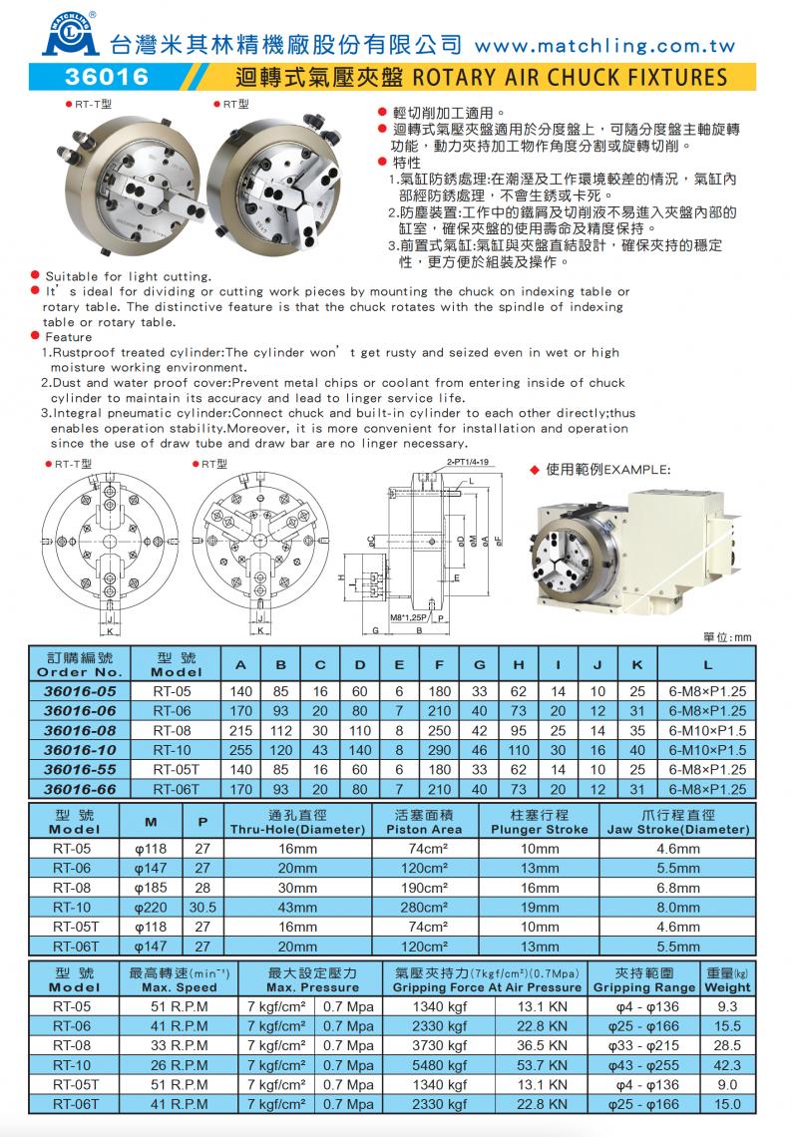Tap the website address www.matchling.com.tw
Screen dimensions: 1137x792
pyautogui.click(x=605, y=45)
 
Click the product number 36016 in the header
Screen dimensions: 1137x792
pyautogui.click(x=106, y=77)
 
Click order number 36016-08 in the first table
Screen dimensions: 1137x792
pyautogui.click(x=87, y=730)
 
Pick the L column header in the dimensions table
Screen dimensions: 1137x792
pyautogui.click(x=707, y=664)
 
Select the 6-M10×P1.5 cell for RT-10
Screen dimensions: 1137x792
pyautogui.click(x=707, y=750)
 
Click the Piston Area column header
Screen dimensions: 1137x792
pyautogui.click(x=430, y=829)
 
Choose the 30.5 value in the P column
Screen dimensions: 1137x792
pyautogui.click(x=202, y=908)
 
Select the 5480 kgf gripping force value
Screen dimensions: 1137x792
pyautogui.click(x=439, y=1065)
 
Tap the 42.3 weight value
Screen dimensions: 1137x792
pyautogui.click(x=727, y=1065)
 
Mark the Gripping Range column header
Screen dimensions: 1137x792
pyautogui.click(x=643, y=987)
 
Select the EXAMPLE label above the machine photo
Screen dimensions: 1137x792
pyautogui.click(x=639, y=468)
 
